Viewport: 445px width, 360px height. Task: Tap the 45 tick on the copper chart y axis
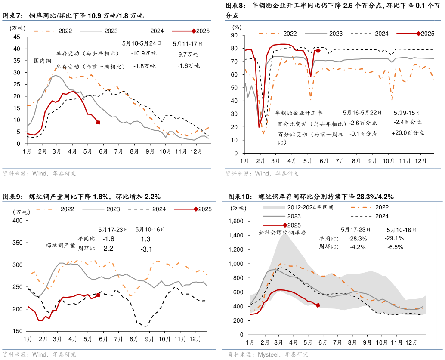17,37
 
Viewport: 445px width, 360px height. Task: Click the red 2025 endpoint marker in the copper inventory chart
98,123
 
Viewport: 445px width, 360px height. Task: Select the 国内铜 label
43,61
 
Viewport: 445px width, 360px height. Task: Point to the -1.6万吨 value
189,65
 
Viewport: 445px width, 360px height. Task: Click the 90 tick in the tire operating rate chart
235,36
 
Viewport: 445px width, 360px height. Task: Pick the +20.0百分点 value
408,133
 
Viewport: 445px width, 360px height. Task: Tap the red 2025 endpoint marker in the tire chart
318,51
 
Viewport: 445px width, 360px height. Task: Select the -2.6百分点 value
363,123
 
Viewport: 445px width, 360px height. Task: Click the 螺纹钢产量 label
61,245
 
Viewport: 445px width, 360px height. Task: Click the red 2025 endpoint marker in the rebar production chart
98,295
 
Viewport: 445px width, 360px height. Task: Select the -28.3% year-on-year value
358,238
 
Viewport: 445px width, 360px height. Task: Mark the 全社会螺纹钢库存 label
282,232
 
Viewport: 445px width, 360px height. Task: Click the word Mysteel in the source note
268,354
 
